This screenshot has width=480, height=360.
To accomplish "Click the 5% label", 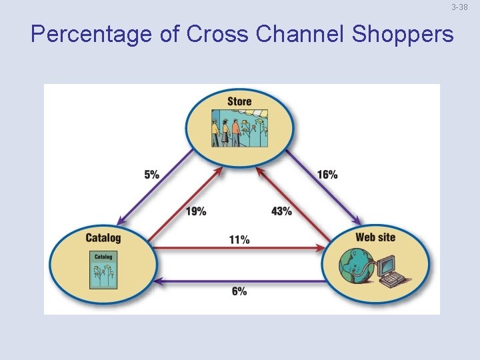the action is [151, 175].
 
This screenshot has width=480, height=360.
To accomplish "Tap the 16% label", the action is [327, 175].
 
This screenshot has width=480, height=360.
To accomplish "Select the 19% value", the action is [195, 211].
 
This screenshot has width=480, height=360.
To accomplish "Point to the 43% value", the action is [281, 211].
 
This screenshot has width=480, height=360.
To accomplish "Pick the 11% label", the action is [239, 239].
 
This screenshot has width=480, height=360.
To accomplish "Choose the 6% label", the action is [239, 291].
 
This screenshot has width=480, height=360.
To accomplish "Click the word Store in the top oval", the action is [239, 101].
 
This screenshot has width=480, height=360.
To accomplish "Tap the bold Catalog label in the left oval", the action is [103, 237].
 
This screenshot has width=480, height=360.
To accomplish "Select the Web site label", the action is [375, 237].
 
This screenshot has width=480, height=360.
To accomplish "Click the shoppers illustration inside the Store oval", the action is [239, 128].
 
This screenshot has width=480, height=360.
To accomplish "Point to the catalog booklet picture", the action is [103, 269].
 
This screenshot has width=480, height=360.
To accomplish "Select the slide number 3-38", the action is [459, 7].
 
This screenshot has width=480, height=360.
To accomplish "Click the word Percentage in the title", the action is [91, 34].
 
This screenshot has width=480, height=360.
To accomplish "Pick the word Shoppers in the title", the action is [402, 34].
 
